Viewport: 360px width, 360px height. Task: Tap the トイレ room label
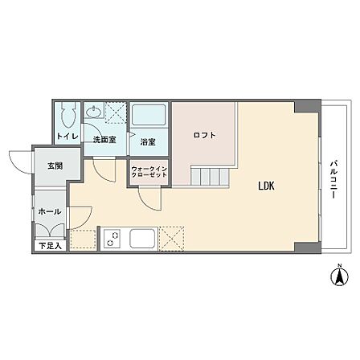67,136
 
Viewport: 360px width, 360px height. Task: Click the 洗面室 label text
104,140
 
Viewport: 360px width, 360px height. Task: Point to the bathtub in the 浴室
149,115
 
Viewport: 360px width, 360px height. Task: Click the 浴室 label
148,142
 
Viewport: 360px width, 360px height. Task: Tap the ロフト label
205,135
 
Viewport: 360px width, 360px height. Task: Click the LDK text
266,186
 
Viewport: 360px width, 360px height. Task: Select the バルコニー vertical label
333,179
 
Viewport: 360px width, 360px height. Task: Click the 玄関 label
55,166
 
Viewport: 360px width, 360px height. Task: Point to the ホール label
50,211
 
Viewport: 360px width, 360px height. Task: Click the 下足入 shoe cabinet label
50,246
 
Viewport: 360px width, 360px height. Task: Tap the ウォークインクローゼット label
149,172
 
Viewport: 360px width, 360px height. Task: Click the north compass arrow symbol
339,276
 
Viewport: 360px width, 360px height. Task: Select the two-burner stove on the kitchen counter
112,239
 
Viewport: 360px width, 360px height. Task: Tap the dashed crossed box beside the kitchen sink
171,239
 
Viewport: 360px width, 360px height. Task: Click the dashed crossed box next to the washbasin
115,112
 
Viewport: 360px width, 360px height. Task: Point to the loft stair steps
210,176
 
